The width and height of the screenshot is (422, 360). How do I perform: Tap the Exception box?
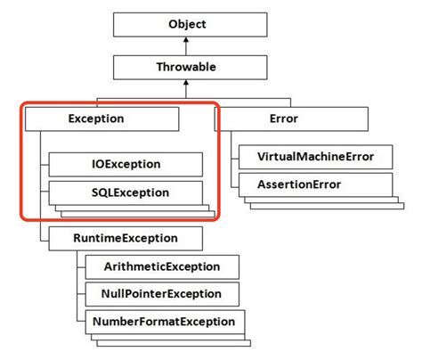pos(101,119)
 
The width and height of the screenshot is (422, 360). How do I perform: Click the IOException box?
pos(125,164)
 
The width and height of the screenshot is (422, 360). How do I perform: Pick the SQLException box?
pos(125,192)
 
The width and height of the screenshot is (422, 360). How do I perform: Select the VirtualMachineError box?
pos(313,158)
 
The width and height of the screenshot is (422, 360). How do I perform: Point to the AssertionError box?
pos(313,185)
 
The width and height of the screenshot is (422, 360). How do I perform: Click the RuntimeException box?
pos(126,238)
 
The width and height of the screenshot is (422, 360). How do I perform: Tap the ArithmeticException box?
pos(163,266)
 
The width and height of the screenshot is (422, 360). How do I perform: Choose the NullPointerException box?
pos(163,294)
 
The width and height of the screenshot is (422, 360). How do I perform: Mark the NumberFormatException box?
pos(163,322)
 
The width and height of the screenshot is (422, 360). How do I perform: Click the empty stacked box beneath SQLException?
pos(134,209)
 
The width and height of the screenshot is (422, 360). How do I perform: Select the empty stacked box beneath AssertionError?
pos(321,202)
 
